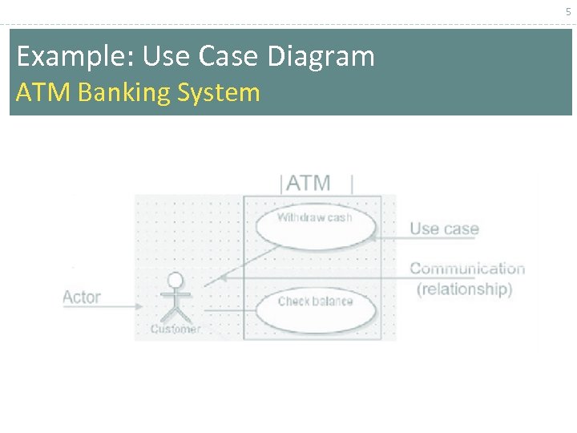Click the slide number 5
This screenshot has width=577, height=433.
(x=567, y=11)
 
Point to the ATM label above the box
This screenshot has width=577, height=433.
(x=309, y=184)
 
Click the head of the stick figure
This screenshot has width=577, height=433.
(x=175, y=280)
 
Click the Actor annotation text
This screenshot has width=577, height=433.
(x=82, y=297)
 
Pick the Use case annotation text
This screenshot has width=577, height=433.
(x=444, y=229)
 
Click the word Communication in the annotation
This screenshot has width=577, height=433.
(x=467, y=269)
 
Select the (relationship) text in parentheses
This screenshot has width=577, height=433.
(x=464, y=289)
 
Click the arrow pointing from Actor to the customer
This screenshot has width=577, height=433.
(x=112, y=306)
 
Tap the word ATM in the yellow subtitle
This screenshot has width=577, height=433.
(x=44, y=93)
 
